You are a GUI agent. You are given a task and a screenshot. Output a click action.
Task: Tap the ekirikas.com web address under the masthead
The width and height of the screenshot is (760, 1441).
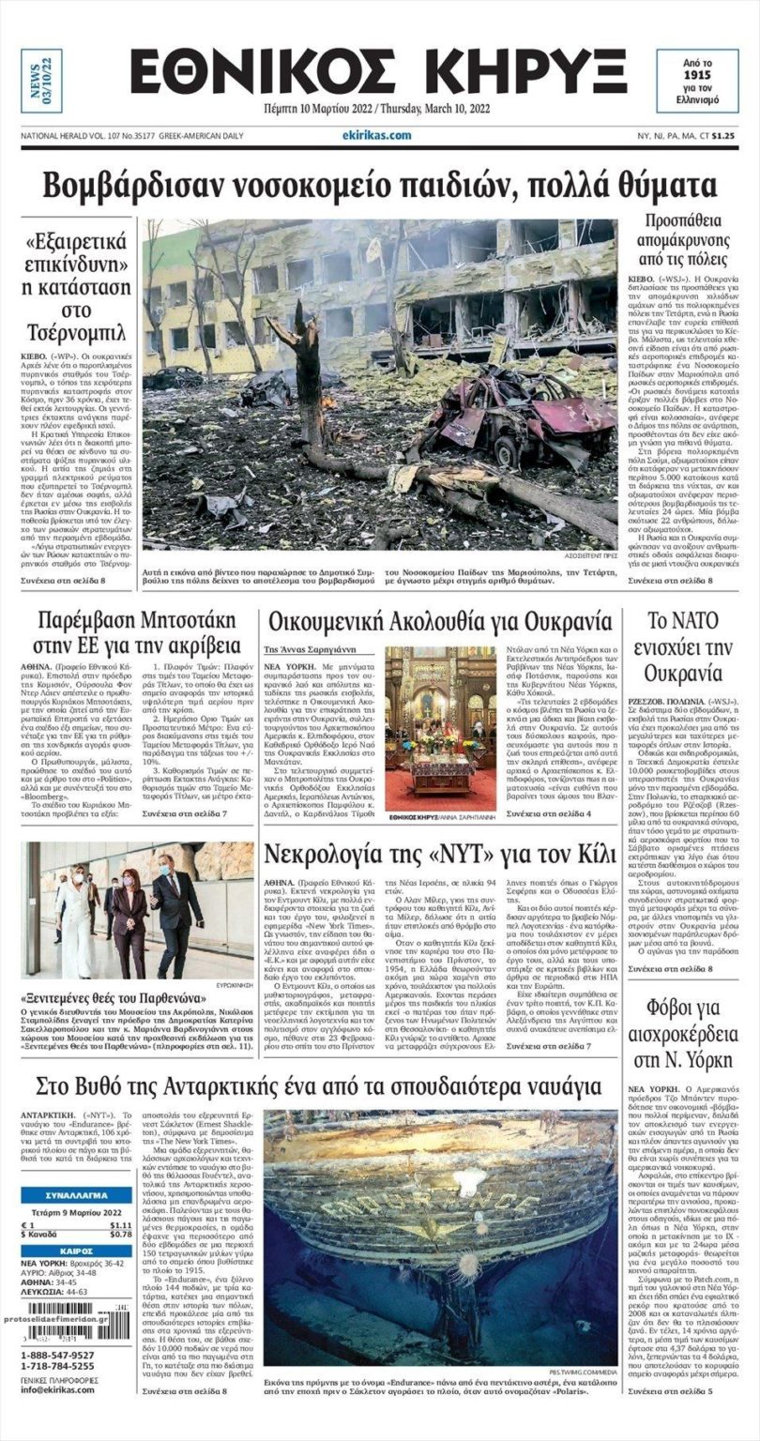tap(376, 135)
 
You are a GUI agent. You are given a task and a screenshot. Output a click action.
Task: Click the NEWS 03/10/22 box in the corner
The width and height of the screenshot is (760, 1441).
tap(42, 81)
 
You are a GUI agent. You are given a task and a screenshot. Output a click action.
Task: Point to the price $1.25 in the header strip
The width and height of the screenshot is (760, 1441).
tap(722, 135)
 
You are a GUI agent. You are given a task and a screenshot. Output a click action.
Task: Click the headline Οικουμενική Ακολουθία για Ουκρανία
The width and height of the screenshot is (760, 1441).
tap(439, 622)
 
